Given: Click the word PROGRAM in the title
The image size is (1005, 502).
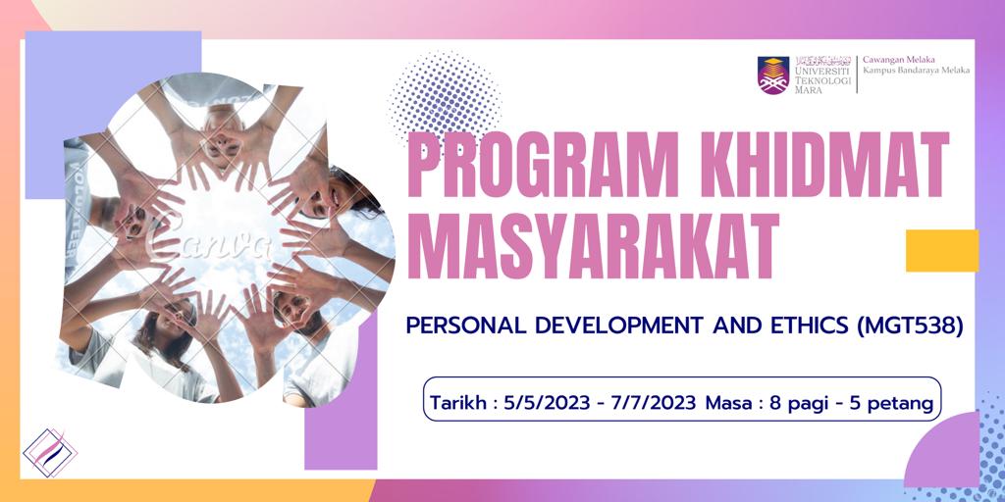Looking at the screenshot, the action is (528, 165).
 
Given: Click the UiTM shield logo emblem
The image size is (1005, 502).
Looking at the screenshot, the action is (773, 75).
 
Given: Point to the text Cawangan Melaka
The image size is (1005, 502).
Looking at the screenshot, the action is (890, 60).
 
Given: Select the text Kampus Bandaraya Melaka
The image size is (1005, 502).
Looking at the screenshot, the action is (916, 71).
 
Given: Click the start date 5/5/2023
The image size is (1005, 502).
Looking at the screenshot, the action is (536, 403).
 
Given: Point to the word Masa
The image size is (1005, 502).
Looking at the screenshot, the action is (727, 403).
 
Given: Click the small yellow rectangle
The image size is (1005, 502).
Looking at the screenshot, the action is (942, 250).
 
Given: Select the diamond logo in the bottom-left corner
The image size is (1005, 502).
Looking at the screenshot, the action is (50, 453).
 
